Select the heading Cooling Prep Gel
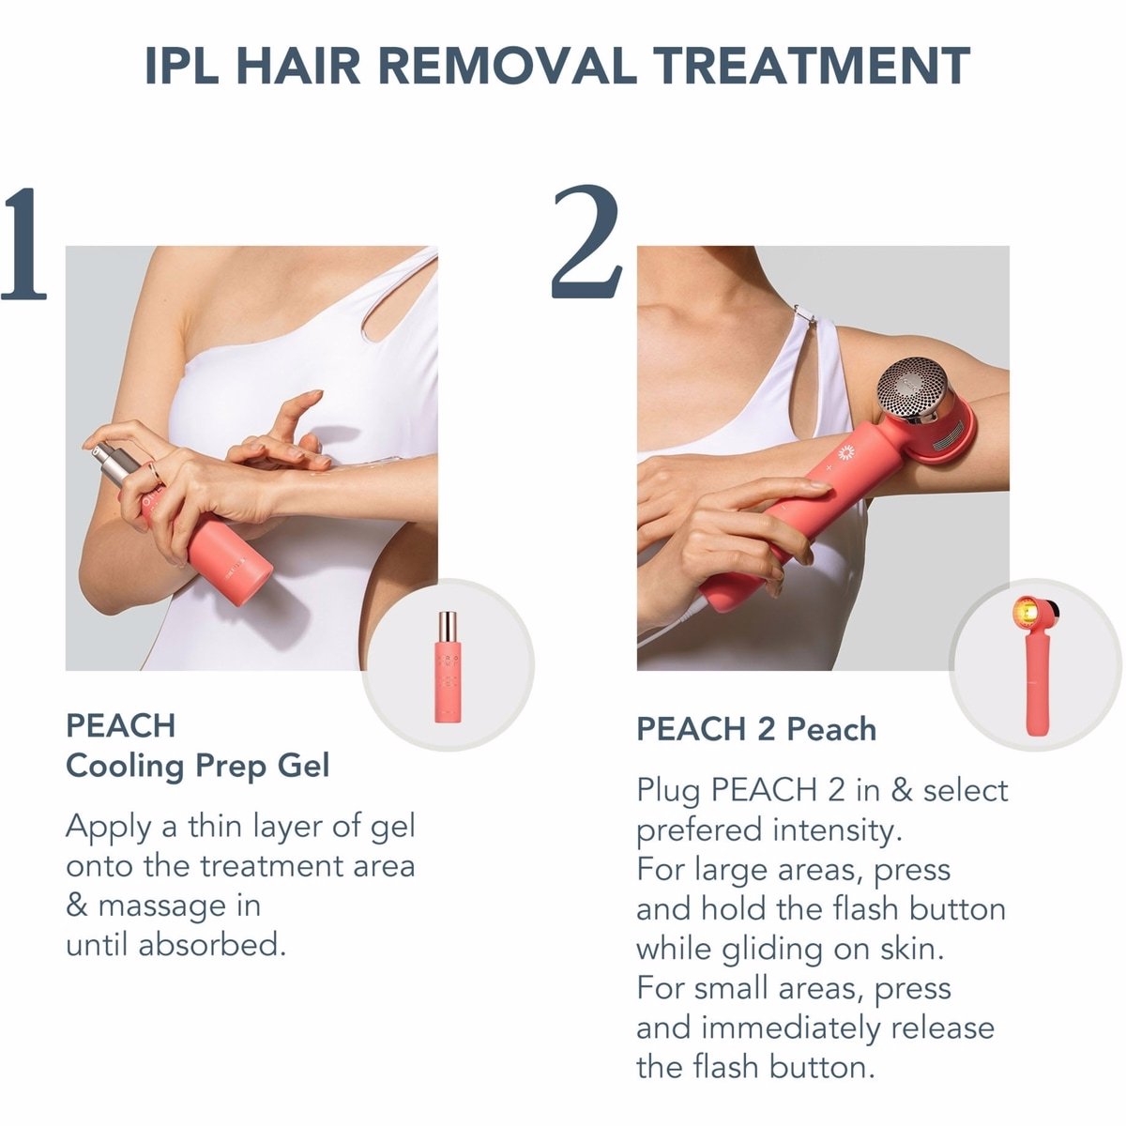pos(197,766)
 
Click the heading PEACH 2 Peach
pos(756,729)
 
